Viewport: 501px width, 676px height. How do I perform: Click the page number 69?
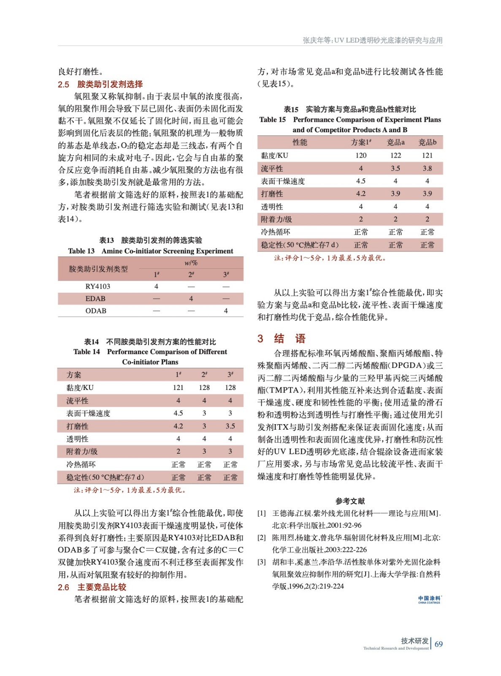tap(439, 644)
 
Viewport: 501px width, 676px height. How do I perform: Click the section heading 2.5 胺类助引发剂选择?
tap(100, 84)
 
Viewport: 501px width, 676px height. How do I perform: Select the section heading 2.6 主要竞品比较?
tap(92, 587)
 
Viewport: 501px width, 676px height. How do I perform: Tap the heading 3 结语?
tap(282, 338)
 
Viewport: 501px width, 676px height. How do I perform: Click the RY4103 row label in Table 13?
tap(97, 286)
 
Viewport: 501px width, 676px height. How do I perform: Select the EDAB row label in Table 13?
tap(95, 298)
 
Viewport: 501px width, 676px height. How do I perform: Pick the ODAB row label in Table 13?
tap(96, 311)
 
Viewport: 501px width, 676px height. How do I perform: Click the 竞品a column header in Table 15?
tap(395, 142)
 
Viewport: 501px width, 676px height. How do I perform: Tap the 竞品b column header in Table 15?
tap(427, 142)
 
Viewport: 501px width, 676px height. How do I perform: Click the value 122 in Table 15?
tap(395, 155)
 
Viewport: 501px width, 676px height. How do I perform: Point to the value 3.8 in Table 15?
tap(427, 168)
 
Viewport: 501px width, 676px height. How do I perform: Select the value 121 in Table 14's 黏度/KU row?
tap(178, 387)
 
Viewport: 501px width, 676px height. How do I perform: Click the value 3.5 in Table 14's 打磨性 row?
tap(230, 426)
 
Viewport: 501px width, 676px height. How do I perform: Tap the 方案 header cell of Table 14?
tap(74, 375)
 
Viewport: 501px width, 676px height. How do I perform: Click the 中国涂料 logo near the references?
tap(429, 599)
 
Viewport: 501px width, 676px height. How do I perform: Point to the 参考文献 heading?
tap(350, 501)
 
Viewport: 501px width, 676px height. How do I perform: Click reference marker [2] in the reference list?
tap(262, 537)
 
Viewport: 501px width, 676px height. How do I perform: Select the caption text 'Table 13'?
tap(81, 251)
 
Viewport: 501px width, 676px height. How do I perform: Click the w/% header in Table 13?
tap(191, 263)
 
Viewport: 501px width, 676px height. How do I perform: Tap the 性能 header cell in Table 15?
tap(300, 142)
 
